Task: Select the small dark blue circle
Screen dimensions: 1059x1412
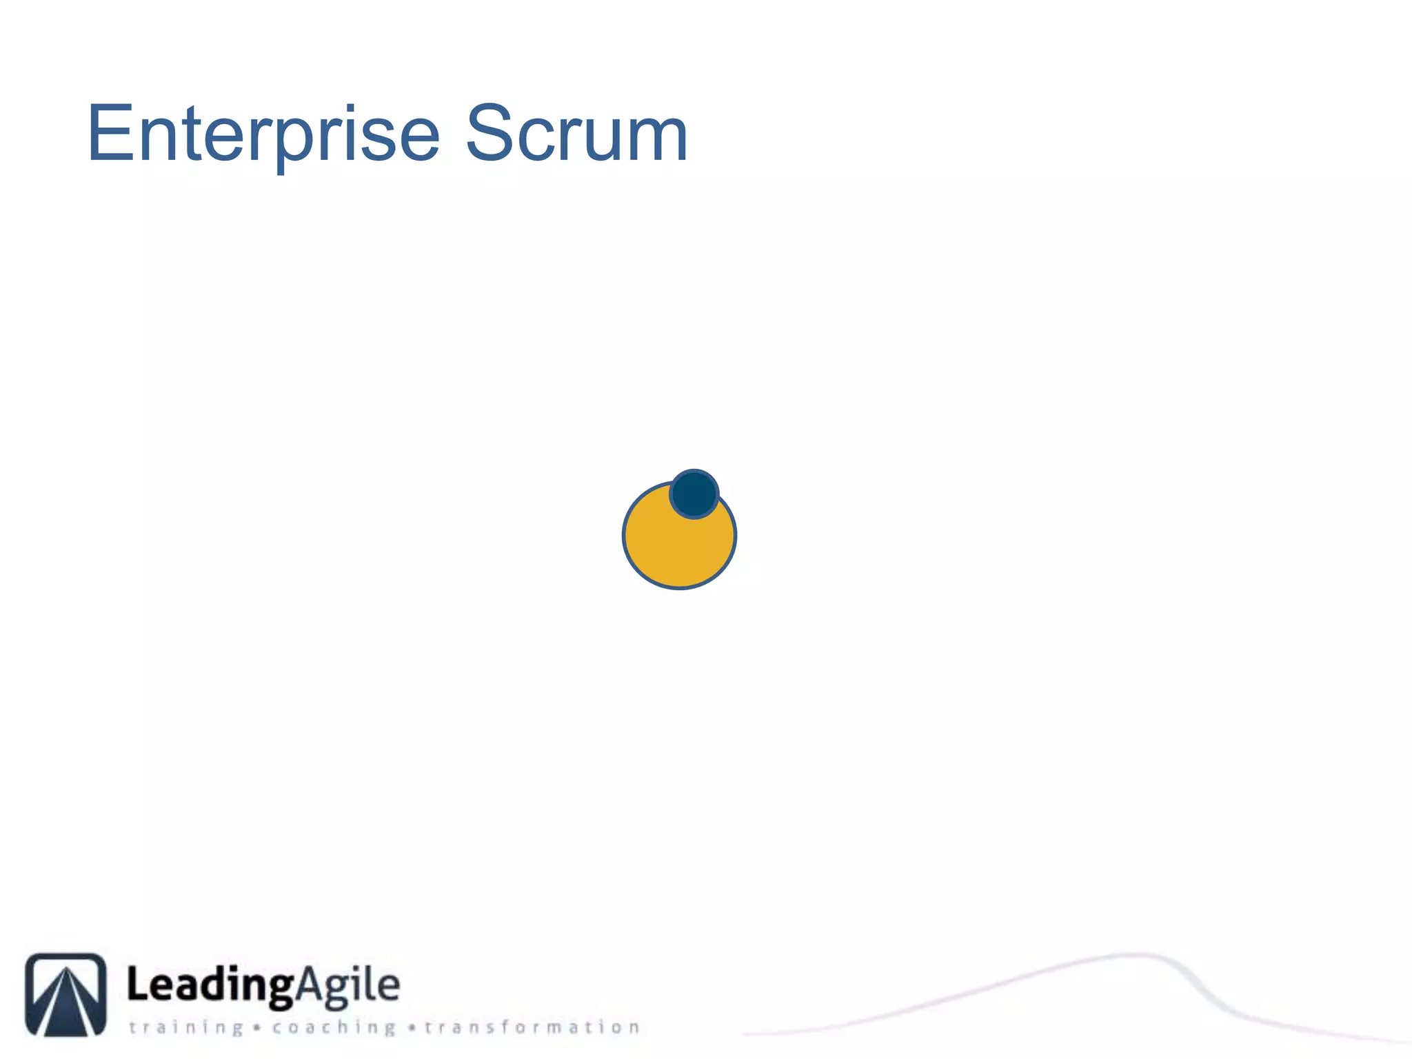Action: pyautogui.click(x=694, y=494)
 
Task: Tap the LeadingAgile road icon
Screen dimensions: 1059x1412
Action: pyautogui.click(x=65, y=994)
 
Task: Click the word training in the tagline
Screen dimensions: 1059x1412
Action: pyautogui.click(x=186, y=1028)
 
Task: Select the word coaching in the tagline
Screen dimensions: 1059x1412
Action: pyautogui.click(x=334, y=1028)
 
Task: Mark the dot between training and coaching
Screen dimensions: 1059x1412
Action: pyautogui.click(x=256, y=1029)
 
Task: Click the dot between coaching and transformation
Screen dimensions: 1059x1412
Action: pyautogui.click(x=411, y=1029)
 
